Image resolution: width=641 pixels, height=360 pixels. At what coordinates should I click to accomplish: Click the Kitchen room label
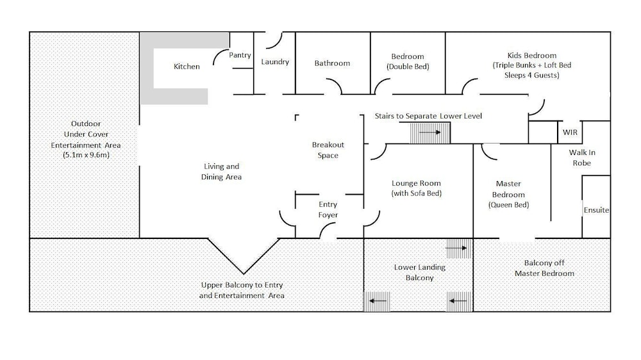click(187, 67)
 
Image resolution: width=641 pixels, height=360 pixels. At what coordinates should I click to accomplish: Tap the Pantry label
click(240, 54)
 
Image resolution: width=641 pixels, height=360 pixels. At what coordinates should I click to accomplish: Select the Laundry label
click(275, 61)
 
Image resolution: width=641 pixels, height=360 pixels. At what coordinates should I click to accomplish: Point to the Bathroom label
click(332, 63)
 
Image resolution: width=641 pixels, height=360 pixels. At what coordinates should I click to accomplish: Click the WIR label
click(570, 133)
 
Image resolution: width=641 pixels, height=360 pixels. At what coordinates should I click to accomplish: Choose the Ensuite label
click(596, 210)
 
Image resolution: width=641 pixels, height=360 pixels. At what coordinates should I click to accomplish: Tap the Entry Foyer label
click(328, 209)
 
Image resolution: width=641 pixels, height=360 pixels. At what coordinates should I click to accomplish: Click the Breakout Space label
click(328, 150)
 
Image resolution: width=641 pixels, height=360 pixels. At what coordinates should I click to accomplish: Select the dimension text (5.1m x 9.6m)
click(86, 155)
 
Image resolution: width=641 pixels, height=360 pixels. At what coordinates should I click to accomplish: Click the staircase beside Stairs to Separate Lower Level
click(430, 133)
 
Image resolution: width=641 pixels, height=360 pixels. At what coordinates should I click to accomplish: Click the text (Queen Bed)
click(508, 205)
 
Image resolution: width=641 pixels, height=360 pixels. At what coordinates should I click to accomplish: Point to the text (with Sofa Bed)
click(416, 193)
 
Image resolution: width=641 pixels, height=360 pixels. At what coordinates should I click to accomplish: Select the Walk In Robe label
click(582, 158)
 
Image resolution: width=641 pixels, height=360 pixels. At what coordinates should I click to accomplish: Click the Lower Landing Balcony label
click(419, 272)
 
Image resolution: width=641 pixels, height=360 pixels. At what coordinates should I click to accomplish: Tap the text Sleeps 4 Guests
click(531, 75)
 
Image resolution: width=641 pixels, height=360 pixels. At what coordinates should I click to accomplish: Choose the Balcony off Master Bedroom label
click(544, 268)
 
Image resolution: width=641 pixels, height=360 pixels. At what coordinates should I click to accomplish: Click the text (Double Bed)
click(408, 67)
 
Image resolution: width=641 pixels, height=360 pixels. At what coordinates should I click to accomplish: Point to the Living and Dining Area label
click(221, 172)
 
